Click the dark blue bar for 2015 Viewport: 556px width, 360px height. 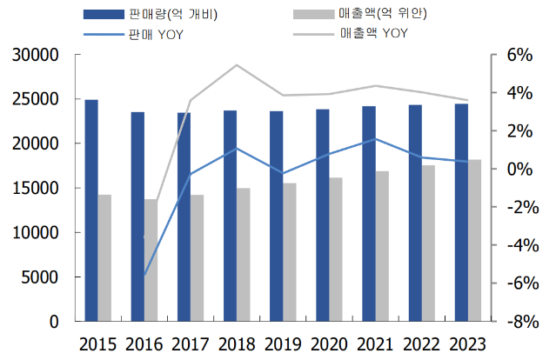[x=91, y=210]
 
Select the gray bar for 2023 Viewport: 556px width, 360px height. [x=474, y=240]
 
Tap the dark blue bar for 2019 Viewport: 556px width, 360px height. [x=276, y=217]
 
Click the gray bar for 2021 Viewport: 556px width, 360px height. [x=382, y=246]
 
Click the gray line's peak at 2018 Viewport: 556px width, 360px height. [x=237, y=65]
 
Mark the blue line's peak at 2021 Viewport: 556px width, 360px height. [x=375, y=139]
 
